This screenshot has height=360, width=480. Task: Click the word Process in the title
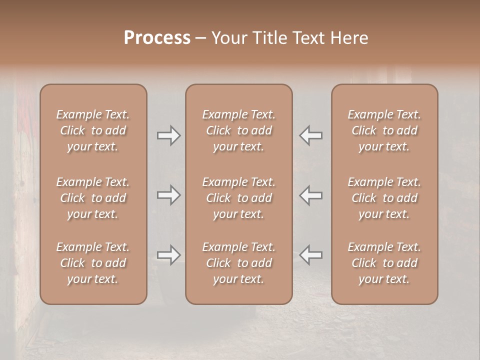(157, 38)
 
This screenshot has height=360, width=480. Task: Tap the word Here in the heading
(349, 38)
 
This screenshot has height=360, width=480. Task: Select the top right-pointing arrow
(168, 135)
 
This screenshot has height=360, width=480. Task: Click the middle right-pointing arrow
(168, 195)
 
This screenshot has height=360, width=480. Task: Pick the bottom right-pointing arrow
(168, 255)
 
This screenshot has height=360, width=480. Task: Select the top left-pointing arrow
(311, 135)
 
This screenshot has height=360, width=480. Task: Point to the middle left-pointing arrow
(311, 195)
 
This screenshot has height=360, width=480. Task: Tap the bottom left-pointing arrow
(311, 255)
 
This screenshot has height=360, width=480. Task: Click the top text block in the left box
(93, 130)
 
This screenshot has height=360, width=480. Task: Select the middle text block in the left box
(93, 198)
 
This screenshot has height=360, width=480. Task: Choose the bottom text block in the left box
(93, 263)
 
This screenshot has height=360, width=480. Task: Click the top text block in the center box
(239, 130)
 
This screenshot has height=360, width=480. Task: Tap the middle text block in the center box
(239, 198)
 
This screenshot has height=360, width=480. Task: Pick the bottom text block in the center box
(239, 263)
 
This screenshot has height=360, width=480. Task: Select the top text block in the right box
(384, 130)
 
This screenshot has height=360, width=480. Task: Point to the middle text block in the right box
(384, 198)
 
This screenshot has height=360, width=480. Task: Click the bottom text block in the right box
(384, 263)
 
